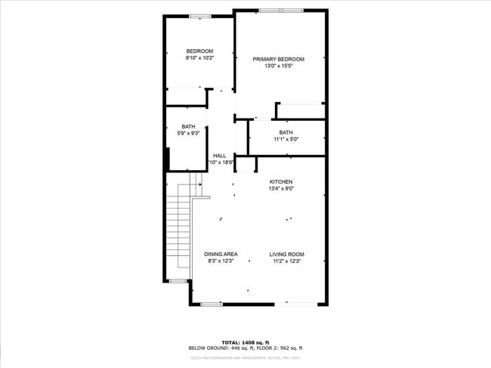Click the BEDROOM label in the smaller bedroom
[200, 51]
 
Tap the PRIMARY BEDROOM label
[279, 59]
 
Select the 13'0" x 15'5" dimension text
[279, 66]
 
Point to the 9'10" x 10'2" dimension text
[200, 57]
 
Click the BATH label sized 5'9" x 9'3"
[188, 127]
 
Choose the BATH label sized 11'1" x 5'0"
[286, 132]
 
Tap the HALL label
[219, 156]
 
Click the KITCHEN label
[281, 182]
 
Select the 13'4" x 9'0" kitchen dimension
[281, 189]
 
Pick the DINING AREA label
[221, 254]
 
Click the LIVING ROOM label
[287, 254]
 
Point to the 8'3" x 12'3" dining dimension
[221, 261]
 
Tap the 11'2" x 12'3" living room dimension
[287, 261]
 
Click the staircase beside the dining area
[178, 230]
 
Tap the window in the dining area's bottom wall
[212, 304]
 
